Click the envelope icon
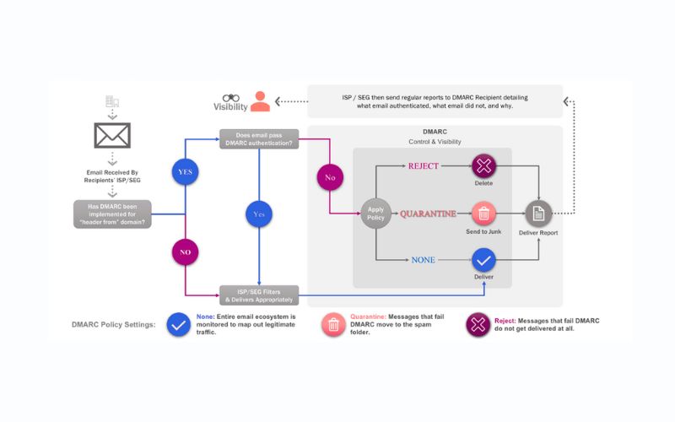pos(112,135)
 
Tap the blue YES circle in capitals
pos(185,172)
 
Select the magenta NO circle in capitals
pos(185,252)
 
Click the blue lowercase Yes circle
pos(259,214)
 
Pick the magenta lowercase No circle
pos(330,177)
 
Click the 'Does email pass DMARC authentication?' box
pos(259,139)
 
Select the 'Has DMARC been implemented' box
pos(112,214)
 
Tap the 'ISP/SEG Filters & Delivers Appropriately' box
pos(259,295)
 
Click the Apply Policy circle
pos(375,214)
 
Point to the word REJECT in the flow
pos(424,166)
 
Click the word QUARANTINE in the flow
pos(428,214)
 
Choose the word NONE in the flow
pos(424,260)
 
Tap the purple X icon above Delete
pos(483,166)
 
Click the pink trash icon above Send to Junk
pos(483,214)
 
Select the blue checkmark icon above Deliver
pos(483,260)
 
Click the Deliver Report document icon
pos(538,214)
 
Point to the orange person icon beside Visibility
pos(260,101)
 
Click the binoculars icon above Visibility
pos(231,98)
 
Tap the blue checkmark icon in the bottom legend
pos(179,325)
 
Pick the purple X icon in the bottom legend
pos(478,325)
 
